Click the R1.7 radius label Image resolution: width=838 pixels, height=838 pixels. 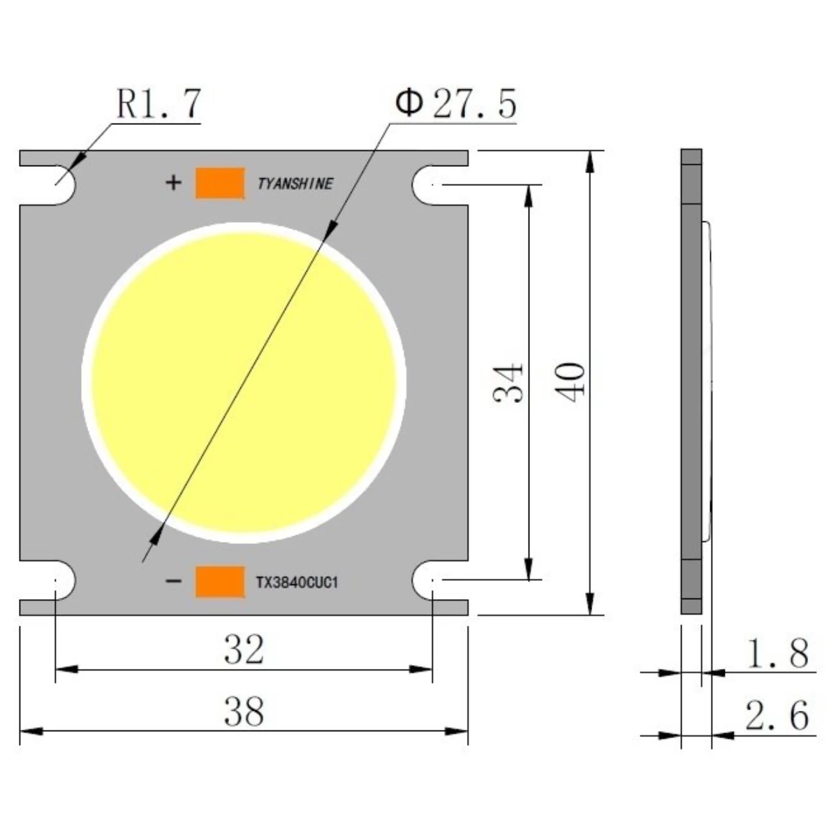click(159, 103)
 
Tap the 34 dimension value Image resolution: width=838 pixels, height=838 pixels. click(508, 383)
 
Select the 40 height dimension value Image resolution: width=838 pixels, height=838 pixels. click(569, 383)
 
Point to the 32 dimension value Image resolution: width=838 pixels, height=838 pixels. click(244, 649)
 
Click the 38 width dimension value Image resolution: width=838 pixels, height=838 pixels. click(244, 712)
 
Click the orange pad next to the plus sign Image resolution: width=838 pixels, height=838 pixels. click(219, 183)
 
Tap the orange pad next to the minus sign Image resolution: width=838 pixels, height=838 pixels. click(219, 582)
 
